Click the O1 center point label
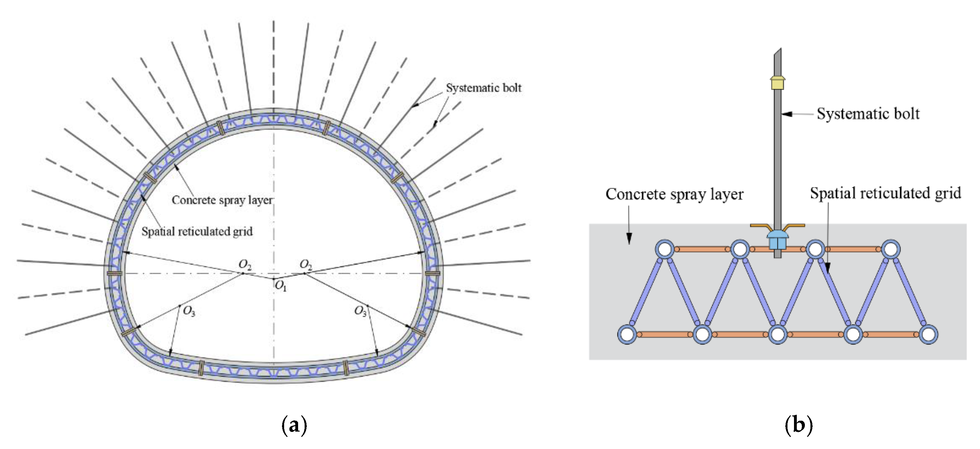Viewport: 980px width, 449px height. (281, 286)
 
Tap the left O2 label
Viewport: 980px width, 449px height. (245, 264)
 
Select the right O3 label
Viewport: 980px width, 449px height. (360, 312)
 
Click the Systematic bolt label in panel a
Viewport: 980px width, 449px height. (483, 88)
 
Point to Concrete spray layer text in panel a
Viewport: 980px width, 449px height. (222, 200)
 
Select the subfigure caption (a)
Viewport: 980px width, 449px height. (294, 425)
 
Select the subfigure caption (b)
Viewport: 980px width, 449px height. (799, 425)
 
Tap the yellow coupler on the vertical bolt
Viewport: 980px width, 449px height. (778, 82)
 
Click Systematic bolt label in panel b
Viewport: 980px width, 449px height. (868, 114)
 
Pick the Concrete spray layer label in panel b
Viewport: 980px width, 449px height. (674, 195)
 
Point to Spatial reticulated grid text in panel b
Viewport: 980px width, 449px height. (885, 193)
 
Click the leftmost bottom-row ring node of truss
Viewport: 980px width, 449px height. (627, 334)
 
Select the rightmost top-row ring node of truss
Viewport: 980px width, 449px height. (891, 249)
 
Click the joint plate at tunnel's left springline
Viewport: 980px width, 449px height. (114, 273)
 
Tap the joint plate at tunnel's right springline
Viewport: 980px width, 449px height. (432, 273)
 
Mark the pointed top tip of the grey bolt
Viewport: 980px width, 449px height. (781, 49)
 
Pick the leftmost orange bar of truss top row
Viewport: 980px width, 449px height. (702, 249)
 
